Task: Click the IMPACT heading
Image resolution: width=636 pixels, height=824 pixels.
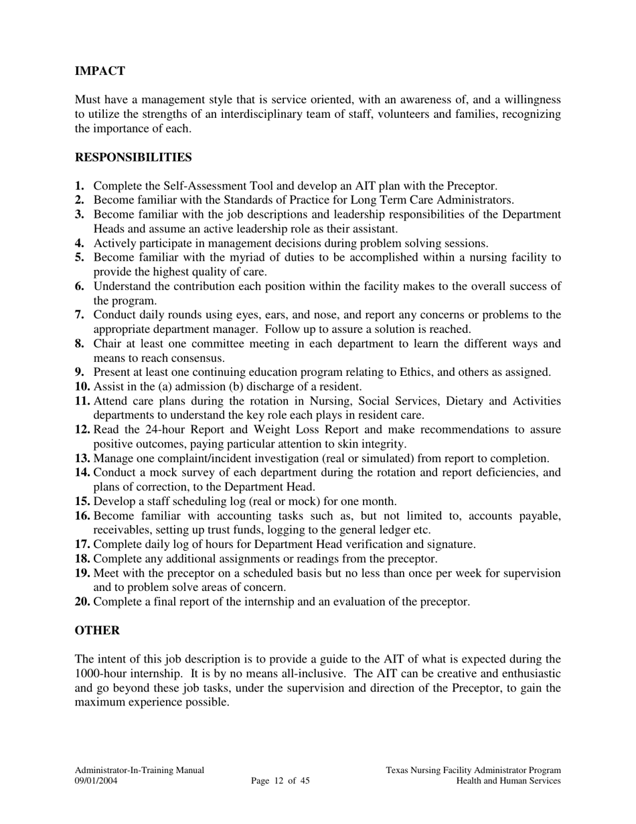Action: pos(100,71)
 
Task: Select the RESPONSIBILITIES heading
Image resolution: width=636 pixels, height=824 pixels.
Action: pos(133,157)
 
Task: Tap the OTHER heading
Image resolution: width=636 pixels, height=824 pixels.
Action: pos(98,630)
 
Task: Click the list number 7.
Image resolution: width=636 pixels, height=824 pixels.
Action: pos(80,315)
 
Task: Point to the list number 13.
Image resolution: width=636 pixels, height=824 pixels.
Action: pos(82,458)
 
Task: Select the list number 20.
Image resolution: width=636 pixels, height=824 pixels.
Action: pos(82,602)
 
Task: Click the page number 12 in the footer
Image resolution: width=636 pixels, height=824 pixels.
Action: pos(279,781)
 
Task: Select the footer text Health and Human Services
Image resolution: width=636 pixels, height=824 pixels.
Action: pos(508,781)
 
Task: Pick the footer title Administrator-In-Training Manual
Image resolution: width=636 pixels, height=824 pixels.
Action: pos(139,770)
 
